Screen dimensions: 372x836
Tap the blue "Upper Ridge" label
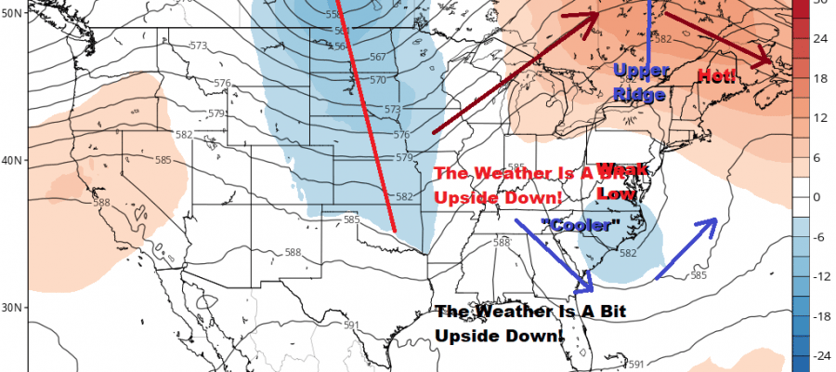(641, 82)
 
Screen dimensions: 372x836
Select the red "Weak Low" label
(614, 180)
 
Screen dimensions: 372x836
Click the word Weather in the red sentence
(508, 174)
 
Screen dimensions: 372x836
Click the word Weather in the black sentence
(508, 312)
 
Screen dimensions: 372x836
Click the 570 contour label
(377, 80)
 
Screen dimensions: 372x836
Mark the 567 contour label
(377, 57)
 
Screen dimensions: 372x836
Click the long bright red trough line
(367, 112)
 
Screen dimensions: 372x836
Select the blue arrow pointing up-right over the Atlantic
(687, 246)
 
